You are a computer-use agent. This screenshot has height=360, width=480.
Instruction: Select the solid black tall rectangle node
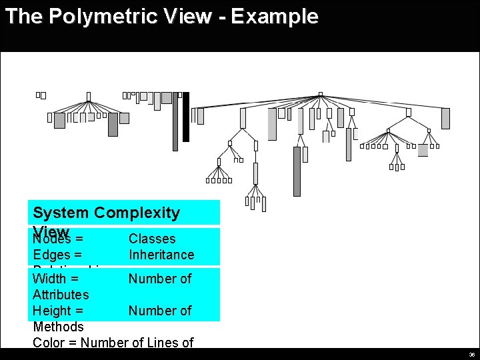(186, 117)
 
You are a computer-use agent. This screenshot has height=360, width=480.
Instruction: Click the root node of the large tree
(321, 95)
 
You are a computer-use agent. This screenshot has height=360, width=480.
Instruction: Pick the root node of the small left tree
(89, 97)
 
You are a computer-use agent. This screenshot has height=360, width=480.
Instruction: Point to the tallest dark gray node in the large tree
(297, 171)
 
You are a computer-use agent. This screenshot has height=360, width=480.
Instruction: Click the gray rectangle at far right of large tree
(445, 119)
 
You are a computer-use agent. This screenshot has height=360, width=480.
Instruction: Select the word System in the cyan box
(61, 213)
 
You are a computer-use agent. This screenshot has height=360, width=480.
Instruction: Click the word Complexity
(137, 213)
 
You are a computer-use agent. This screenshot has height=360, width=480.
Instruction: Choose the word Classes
(152, 239)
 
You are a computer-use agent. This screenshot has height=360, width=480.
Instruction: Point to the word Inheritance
(161, 255)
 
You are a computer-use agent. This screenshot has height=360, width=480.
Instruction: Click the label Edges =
(57, 255)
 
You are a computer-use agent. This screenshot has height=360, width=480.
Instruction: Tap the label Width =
(56, 279)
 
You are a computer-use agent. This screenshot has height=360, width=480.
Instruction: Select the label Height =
(58, 311)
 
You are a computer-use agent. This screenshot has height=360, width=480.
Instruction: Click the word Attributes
(61, 295)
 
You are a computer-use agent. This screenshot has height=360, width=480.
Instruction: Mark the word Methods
(58, 327)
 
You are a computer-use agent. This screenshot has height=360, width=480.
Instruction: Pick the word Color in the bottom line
(49, 343)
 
